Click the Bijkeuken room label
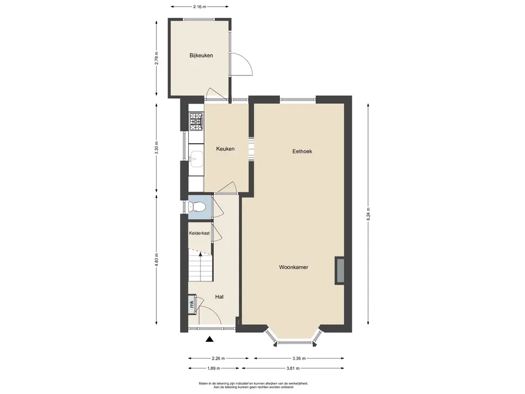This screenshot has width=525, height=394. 201,55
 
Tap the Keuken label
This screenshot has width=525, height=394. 226,149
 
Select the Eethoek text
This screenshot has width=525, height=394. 302,151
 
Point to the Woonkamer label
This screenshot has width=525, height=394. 294,267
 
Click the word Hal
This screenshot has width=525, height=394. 219,297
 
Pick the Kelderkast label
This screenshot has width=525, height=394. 199,233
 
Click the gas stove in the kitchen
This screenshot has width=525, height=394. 196,121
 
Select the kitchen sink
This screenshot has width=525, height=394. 196,159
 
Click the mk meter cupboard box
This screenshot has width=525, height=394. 192,304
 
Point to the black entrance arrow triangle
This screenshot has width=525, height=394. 210,339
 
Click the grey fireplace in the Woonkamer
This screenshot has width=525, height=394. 340,271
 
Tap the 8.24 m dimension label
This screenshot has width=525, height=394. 368,214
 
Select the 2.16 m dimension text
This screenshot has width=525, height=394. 200,6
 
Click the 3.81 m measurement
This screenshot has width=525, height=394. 293,368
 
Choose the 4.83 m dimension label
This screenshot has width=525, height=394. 156,260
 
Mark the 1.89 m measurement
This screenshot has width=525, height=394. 214,368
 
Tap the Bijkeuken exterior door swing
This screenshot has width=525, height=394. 242,64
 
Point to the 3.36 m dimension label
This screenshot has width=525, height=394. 299,358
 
